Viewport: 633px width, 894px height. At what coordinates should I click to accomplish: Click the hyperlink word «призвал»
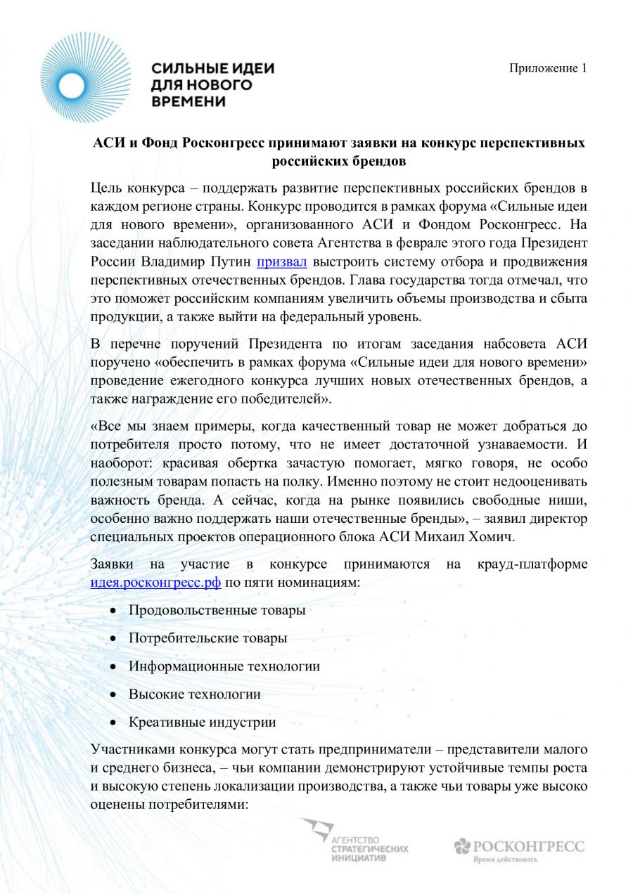coord(281,263)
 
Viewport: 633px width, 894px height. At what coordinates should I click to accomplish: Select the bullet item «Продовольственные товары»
coord(217,610)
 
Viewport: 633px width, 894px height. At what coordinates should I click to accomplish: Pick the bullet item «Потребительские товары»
coord(207,638)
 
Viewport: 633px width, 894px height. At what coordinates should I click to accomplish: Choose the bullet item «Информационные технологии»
coord(224,666)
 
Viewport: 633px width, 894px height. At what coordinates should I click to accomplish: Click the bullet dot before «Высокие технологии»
coord(113,694)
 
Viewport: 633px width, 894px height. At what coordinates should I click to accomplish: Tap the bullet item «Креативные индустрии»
coord(202,723)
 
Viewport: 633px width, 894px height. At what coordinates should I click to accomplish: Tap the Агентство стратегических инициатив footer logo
coord(355,841)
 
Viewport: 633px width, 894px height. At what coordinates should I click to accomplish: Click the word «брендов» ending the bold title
coord(375,161)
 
